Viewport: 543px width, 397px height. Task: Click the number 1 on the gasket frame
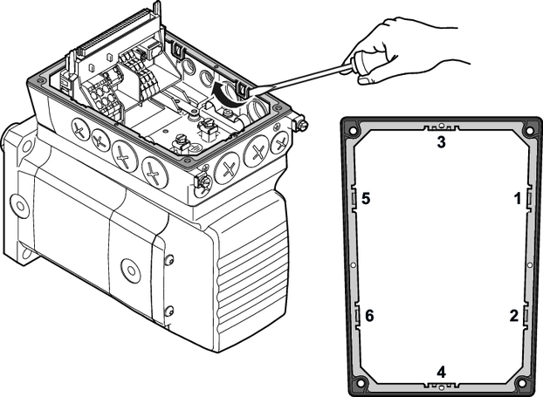click(517, 199)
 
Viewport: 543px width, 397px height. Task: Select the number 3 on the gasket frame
click(442, 142)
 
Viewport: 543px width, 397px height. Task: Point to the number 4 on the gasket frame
click(441, 372)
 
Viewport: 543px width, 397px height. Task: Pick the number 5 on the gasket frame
click(367, 199)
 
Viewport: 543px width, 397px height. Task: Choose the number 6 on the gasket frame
click(370, 314)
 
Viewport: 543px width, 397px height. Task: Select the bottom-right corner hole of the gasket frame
click(522, 382)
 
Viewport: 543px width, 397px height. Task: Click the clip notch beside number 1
click(527, 199)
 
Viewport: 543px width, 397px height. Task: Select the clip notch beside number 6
click(358, 314)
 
